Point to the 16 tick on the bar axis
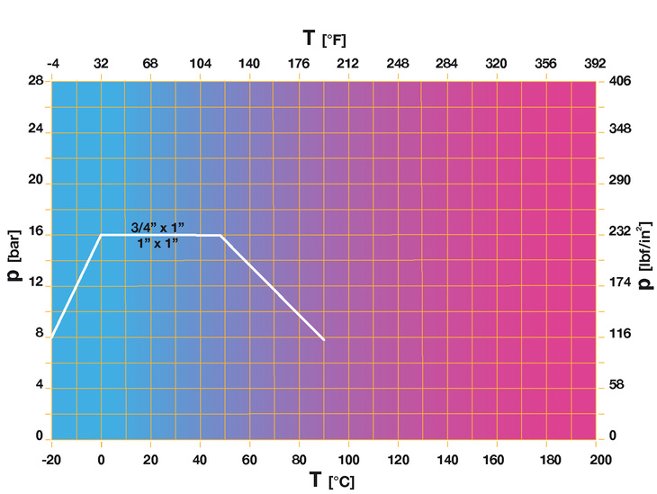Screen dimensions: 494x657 pyautogui.click(x=37, y=233)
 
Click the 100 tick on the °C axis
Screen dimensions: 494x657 pyautogui.click(x=348, y=459)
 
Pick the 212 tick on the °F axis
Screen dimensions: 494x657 pyautogui.click(x=348, y=64)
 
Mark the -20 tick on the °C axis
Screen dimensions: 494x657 pyautogui.click(x=51, y=459)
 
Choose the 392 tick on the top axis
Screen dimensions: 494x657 pyautogui.click(x=594, y=64)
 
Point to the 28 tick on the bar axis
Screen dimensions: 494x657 pyautogui.click(x=37, y=81)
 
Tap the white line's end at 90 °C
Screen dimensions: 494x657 pyautogui.click(x=323, y=339)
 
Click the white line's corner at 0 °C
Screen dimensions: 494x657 pyautogui.click(x=101, y=235)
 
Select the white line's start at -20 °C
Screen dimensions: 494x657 pyautogui.click(x=52, y=337)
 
